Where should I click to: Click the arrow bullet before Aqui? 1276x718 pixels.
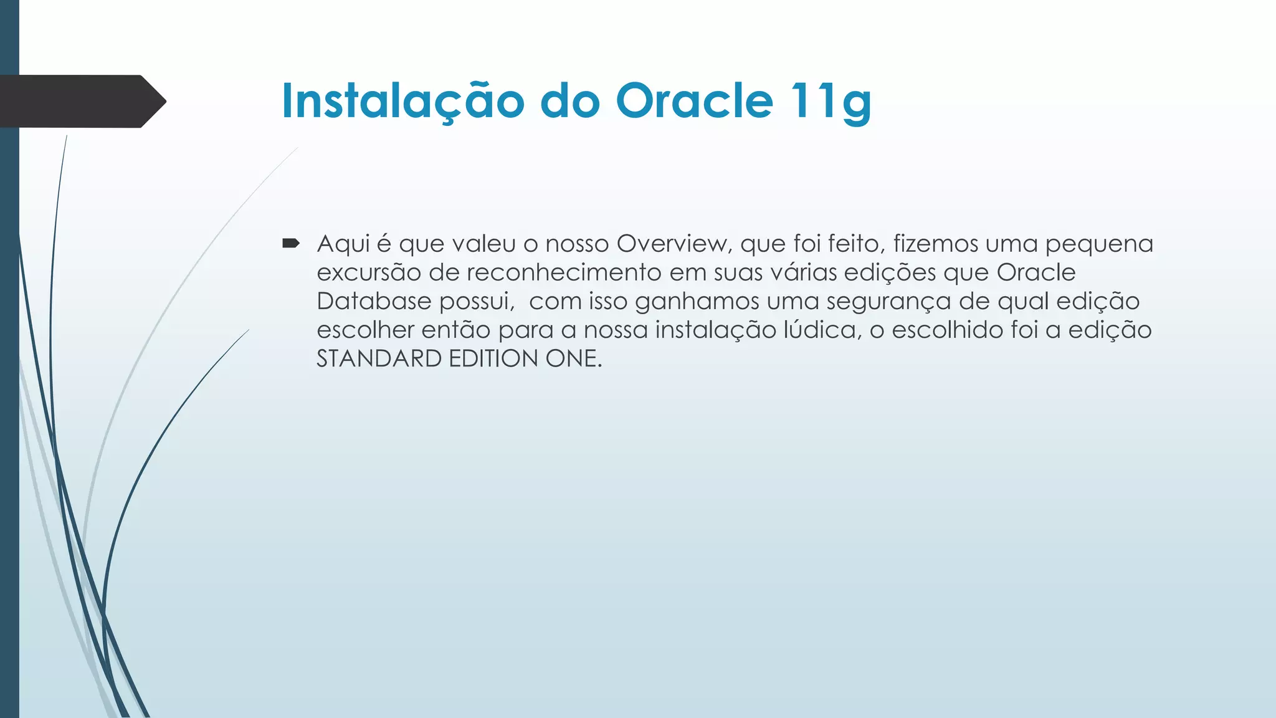tap(291, 243)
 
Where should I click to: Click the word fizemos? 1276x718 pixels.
tap(935, 244)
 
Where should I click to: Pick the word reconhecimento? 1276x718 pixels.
tap(563, 272)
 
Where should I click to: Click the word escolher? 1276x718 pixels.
tap(365, 330)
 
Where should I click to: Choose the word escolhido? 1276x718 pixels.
tap(947, 330)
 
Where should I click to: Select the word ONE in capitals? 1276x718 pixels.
tap(573, 359)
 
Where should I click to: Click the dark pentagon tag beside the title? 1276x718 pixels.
tap(81, 101)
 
